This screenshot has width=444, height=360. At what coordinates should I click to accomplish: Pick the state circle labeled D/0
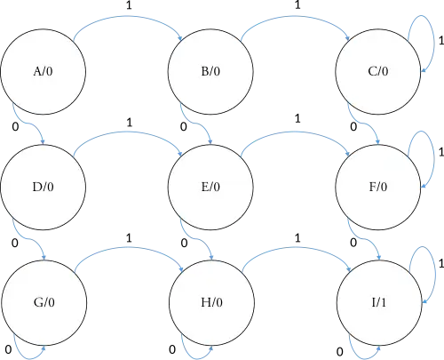tap(43, 188)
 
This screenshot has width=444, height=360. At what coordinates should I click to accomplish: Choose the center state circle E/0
tap(211, 188)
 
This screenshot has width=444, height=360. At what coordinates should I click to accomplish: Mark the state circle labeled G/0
tap(43, 302)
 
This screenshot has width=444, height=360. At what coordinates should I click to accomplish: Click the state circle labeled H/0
tap(211, 302)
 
